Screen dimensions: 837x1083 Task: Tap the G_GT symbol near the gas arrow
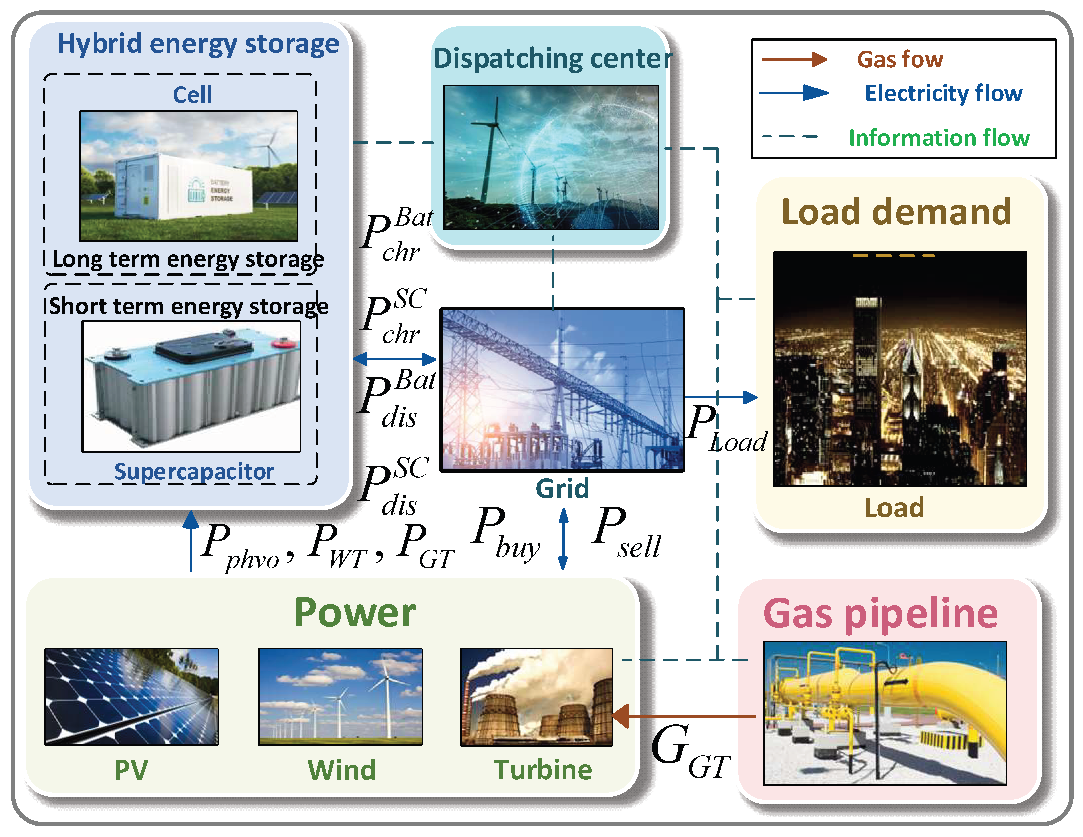(689, 749)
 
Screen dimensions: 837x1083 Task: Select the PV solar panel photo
(131, 697)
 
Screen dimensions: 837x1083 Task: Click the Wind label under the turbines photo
(342, 770)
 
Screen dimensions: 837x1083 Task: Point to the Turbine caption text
(543, 770)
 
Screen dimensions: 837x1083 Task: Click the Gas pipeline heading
(880, 613)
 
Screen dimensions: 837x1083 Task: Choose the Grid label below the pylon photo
(562, 489)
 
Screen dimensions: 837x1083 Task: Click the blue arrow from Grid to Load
(721, 397)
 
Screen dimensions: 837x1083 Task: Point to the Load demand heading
(897, 212)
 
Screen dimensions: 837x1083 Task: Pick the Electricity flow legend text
(944, 93)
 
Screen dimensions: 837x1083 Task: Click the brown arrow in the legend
(794, 59)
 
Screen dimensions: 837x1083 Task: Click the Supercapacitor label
(194, 471)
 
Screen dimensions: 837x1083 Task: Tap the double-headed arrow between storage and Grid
(395, 359)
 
